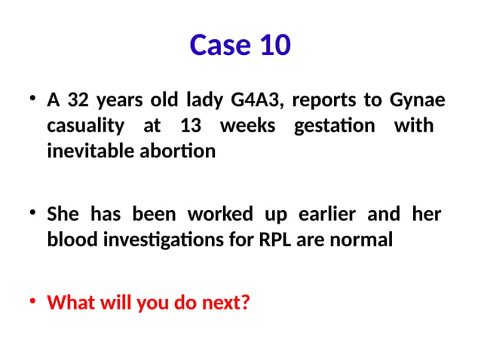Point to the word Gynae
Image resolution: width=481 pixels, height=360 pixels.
coord(418,100)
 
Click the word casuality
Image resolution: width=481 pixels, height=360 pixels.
coord(87,125)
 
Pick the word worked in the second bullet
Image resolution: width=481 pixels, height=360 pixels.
coord(220,215)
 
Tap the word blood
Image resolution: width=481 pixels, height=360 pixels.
coord(68,240)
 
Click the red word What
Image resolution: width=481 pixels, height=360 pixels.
coord(69,304)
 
